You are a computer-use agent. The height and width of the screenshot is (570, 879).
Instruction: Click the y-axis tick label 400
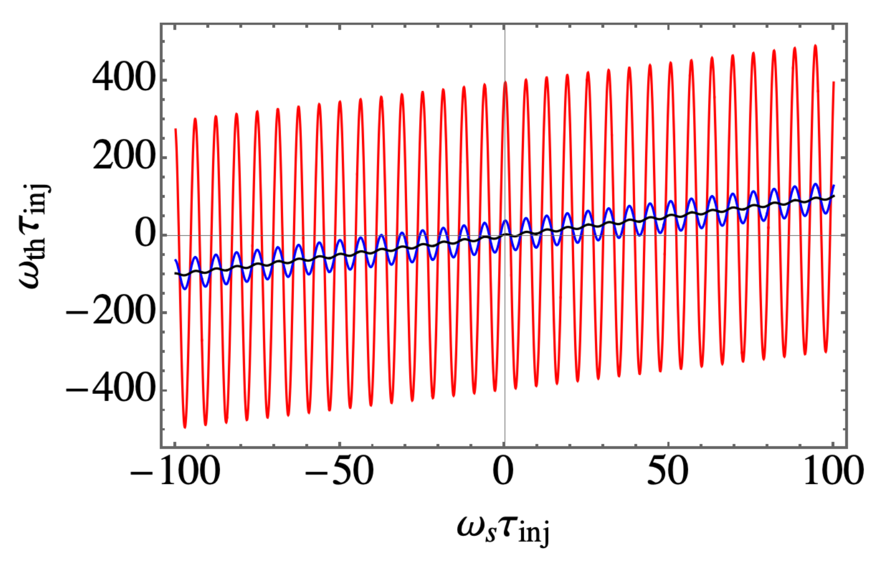coord(124,80)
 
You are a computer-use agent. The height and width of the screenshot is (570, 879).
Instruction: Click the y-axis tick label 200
coord(124,157)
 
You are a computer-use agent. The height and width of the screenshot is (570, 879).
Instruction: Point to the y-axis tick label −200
coord(111,312)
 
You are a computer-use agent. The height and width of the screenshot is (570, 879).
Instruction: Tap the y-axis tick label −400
coord(111,390)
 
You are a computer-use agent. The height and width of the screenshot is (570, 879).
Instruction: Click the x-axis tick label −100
coord(175,472)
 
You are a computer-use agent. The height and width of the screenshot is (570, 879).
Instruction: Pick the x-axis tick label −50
coord(340,472)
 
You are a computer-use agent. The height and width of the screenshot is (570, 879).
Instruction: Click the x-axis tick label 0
coord(504,472)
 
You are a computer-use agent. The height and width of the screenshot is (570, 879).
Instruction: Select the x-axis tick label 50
coord(668,472)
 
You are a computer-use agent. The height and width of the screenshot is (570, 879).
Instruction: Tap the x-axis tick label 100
coord(833,472)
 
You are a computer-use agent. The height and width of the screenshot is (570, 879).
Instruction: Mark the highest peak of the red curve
coord(815,46)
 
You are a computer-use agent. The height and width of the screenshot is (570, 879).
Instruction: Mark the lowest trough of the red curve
coord(185,427)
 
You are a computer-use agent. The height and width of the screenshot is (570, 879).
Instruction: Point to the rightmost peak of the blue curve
coord(815,184)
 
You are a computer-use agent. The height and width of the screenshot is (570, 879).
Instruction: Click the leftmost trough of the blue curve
coord(185,288)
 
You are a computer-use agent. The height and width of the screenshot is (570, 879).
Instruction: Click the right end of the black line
coord(834,196)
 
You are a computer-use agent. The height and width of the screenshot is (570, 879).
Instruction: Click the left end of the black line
coord(175,273)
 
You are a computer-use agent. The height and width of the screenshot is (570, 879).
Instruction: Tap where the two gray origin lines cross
coord(504,235)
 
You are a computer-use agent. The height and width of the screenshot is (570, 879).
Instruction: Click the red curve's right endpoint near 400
coord(834,83)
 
